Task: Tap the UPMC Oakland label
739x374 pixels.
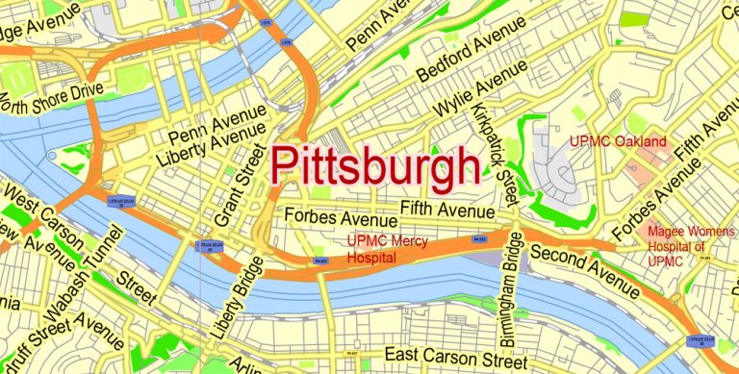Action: [x=618, y=142]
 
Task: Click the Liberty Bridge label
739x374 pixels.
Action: [x=235, y=300]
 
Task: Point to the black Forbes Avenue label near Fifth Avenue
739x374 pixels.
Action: [x=332, y=218]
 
